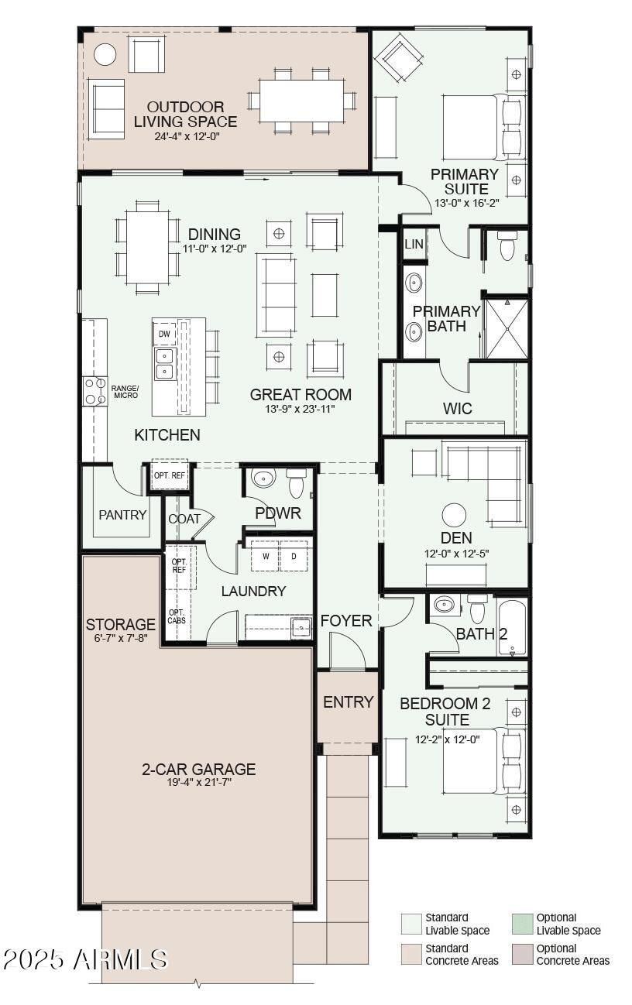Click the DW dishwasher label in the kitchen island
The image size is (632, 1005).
pyautogui.click(x=164, y=334)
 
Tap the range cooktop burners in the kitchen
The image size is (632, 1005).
pyautogui.click(x=94, y=391)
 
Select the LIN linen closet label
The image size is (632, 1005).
pyautogui.click(x=414, y=244)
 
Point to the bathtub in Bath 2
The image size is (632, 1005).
pyautogui.click(x=512, y=627)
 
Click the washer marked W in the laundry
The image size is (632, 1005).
pyautogui.click(x=266, y=556)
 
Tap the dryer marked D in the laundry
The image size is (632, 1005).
pyautogui.click(x=294, y=556)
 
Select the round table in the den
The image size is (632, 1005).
pyautogui.click(x=454, y=515)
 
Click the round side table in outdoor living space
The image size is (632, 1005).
pyautogui.click(x=105, y=55)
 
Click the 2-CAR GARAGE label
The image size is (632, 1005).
pyautogui.click(x=199, y=769)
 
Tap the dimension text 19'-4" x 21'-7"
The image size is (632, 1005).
pyautogui.click(x=199, y=782)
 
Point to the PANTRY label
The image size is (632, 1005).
pyautogui.click(x=122, y=515)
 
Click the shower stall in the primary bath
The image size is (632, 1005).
pyautogui.click(x=507, y=328)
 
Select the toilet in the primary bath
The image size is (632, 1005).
pyautogui.click(x=507, y=245)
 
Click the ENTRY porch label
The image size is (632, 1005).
pyautogui.click(x=349, y=701)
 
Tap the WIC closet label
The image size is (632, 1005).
pyautogui.click(x=458, y=408)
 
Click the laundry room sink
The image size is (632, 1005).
pyautogui.click(x=301, y=627)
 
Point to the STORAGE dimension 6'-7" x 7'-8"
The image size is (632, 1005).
pyautogui.click(x=121, y=638)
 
